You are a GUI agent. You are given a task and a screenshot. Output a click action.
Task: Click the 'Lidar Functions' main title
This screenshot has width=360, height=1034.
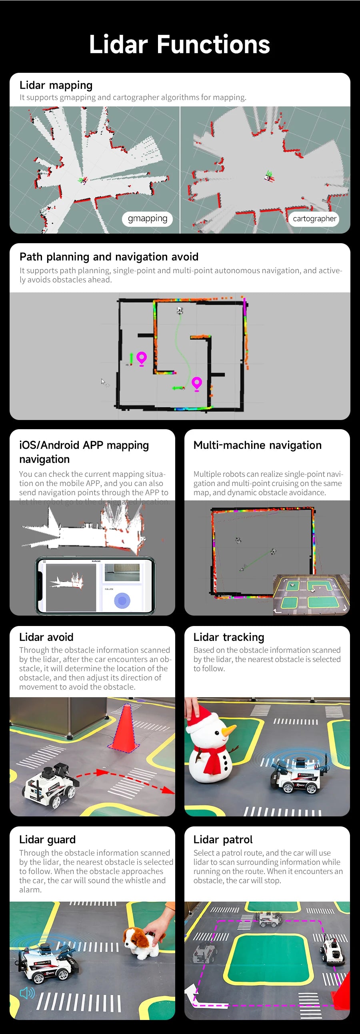pos(179,44)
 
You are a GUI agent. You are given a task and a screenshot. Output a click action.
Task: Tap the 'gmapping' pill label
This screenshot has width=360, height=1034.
pos(147,219)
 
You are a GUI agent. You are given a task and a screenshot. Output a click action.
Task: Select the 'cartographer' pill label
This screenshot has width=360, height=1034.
pos(314,219)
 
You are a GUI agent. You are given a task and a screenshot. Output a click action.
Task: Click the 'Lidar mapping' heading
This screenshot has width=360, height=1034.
pos(56,85)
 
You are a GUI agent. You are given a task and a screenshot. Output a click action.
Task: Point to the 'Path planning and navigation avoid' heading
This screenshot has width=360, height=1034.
pos(109,257)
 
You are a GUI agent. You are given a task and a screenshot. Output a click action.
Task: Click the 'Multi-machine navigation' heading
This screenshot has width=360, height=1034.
pos(257,445)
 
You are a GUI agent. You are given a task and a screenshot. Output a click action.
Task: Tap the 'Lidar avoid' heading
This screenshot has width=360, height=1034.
pos(46,637)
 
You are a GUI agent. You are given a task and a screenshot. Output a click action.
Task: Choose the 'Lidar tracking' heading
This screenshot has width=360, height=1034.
pos(228,637)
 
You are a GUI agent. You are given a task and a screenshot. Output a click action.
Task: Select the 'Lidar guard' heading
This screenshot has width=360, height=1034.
pos(47,840)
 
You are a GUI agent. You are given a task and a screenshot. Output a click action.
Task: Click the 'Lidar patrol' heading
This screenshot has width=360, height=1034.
pos(223,840)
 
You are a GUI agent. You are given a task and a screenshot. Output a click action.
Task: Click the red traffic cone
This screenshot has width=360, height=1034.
pos(125,728)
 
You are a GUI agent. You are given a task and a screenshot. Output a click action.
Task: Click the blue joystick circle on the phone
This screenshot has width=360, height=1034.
pos(122,600)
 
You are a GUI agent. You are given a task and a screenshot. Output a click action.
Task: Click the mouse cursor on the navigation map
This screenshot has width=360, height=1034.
pos(103,381)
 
